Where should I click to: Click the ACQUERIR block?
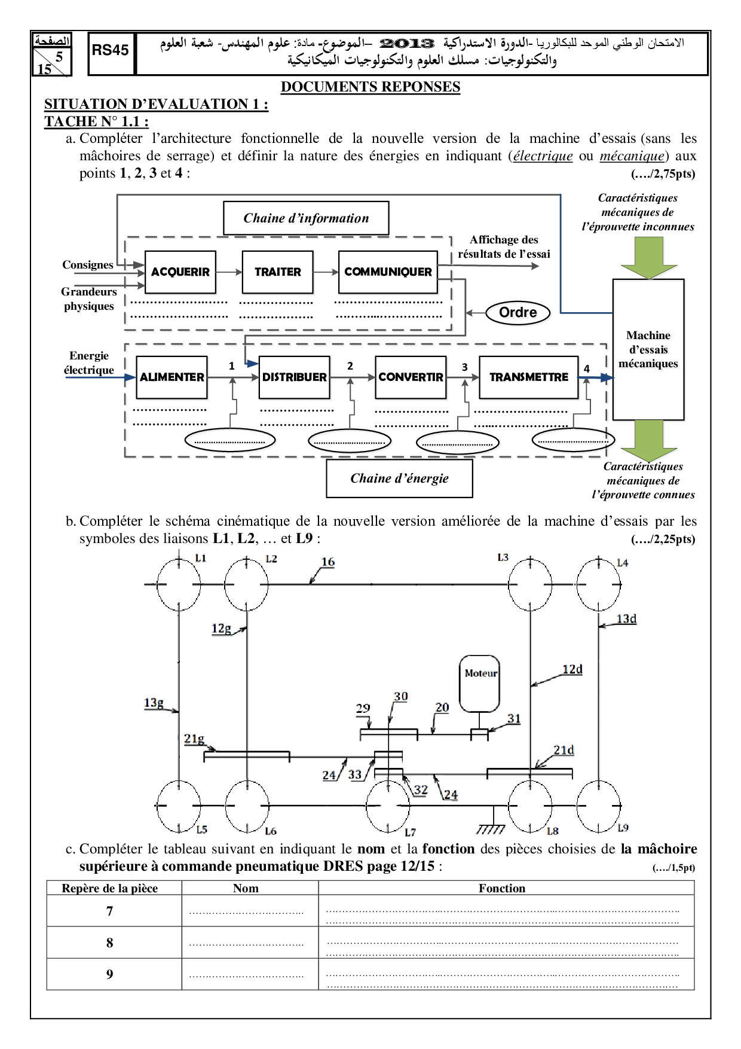pyautogui.click(x=180, y=272)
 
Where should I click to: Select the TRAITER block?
pyautogui.click(x=277, y=272)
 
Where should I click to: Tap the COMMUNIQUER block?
pyautogui.click(x=388, y=272)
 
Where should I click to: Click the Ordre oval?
pyautogui.click(x=518, y=313)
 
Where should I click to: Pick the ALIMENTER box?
pyautogui.click(x=172, y=377)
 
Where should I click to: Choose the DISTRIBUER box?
pyautogui.click(x=294, y=377)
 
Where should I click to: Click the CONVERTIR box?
pyautogui.click(x=411, y=377)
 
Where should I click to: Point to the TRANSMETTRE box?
pyautogui.click(x=528, y=377)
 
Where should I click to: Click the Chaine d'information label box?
pyautogui.click(x=306, y=218)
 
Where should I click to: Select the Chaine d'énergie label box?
pyautogui.click(x=399, y=478)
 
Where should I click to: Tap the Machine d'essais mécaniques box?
pyautogui.click(x=648, y=349)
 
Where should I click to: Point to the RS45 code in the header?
pyautogui.click(x=111, y=51)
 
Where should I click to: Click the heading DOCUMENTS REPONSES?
pyautogui.click(x=370, y=87)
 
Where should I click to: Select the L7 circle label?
pyautogui.click(x=410, y=832)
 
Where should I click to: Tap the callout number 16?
pyautogui.click(x=328, y=562)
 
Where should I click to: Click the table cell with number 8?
pyautogui.click(x=109, y=943)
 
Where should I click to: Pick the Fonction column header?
pyautogui.click(x=502, y=889)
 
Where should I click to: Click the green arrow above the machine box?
pyautogui.click(x=648, y=258)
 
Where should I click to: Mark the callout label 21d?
pyautogui.click(x=564, y=751)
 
